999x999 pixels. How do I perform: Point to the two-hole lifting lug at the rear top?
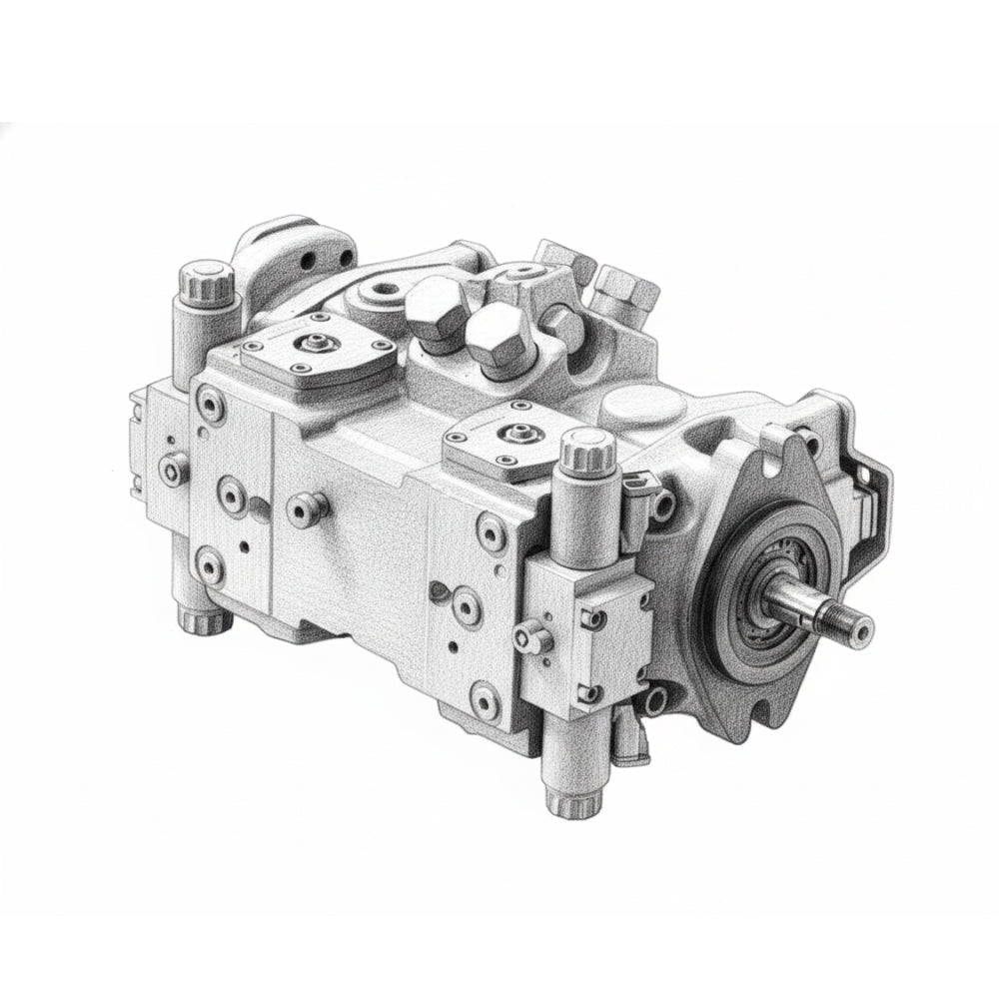pos(300,256)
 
